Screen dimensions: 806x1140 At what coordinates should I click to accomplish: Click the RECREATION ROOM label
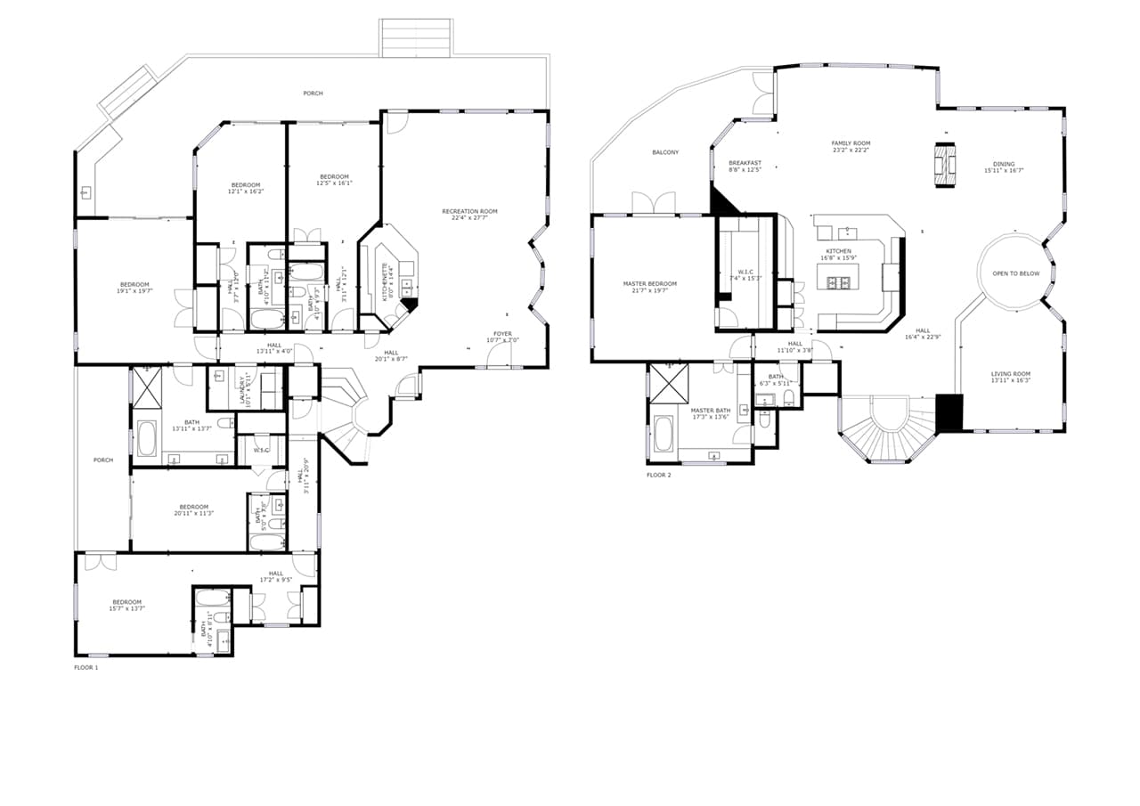point(469,211)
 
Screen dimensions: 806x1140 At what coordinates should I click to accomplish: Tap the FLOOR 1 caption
point(85,667)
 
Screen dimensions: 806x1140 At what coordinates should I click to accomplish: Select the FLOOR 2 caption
point(659,476)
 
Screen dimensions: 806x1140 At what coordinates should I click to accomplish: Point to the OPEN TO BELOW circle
point(1015,273)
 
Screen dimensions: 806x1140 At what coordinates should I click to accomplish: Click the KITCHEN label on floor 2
point(838,251)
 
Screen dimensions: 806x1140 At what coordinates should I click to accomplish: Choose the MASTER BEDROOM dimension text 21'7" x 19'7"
point(650,290)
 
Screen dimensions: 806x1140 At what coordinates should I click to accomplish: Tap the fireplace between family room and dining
point(946,165)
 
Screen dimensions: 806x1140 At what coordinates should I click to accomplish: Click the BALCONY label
point(665,152)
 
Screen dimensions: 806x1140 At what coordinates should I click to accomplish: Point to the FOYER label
point(502,333)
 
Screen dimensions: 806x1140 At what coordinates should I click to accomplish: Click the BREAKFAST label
point(745,163)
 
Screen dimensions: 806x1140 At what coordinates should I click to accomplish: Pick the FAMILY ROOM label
point(851,143)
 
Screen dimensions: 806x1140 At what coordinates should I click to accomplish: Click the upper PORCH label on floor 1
point(313,94)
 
